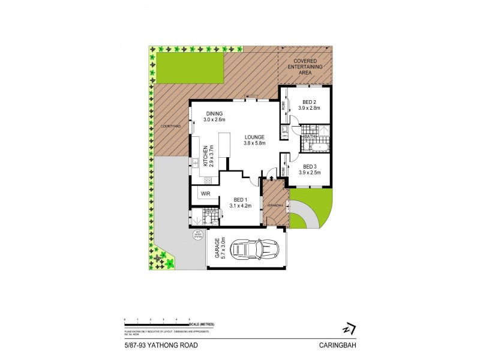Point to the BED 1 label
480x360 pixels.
238,202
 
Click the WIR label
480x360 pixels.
205,194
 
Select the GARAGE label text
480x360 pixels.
220,248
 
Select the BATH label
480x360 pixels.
310,136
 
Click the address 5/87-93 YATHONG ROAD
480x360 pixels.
152,344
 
